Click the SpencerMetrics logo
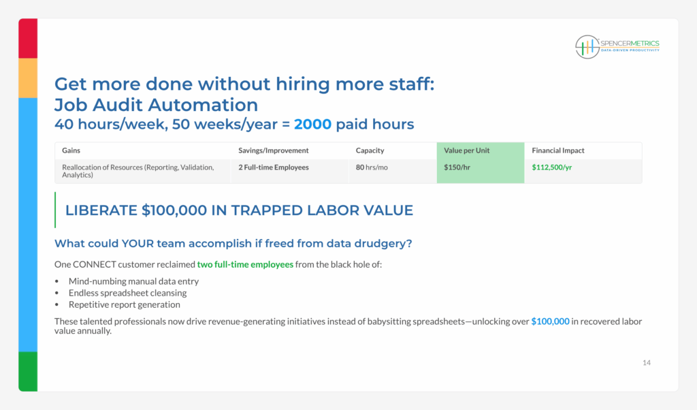tap(617, 47)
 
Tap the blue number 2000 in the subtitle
tap(312, 124)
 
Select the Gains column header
tap(71, 151)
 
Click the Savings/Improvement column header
tap(274, 151)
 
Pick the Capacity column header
tap(370, 151)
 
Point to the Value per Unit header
tap(466, 151)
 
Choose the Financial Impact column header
tap(558, 151)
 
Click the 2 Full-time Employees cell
tap(274, 168)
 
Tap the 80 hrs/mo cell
tap(372, 168)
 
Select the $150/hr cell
tap(457, 168)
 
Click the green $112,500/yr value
tap(551, 168)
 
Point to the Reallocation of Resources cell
tap(137, 171)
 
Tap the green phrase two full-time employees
tap(245, 264)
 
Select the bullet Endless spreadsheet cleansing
tap(127, 293)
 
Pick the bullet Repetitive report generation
tap(125, 304)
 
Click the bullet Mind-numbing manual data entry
tap(134, 281)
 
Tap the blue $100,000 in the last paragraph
tap(550, 321)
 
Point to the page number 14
tap(647, 363)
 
